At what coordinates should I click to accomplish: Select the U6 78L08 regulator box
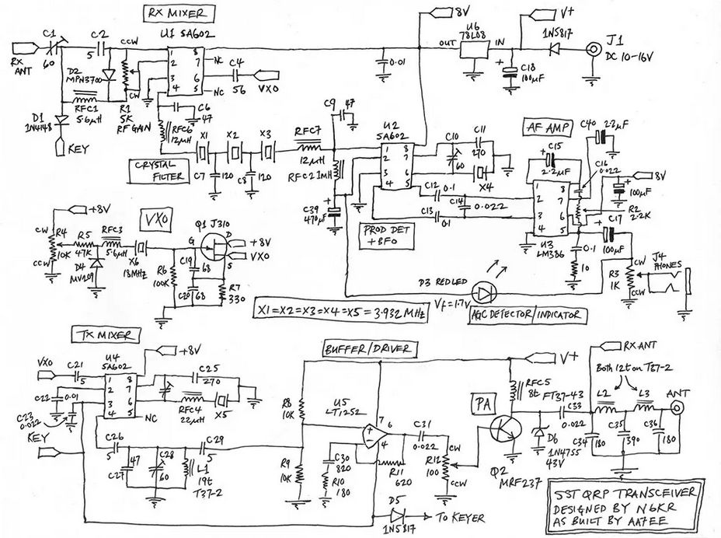[472, 50]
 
